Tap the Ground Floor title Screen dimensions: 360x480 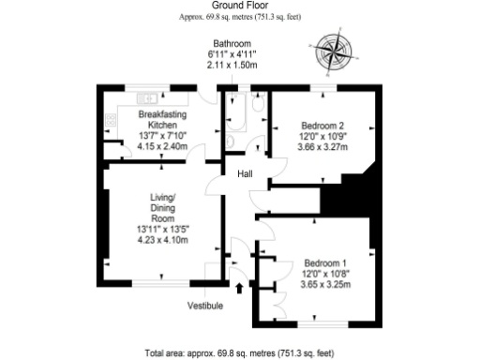click(240, 6)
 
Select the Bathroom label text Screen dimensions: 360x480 click(232, 44)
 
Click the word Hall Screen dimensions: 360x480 click(246, 174)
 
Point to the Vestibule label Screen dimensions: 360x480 click(205, 306)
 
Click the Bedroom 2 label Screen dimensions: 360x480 click(322, 126)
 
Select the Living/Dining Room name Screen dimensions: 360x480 click(163, 207)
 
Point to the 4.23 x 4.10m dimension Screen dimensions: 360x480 click(163, 240)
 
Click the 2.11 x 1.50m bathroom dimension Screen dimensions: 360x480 click(232, 66)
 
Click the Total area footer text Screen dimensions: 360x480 click(240, 353)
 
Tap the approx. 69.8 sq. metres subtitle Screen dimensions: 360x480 click(240, 17)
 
